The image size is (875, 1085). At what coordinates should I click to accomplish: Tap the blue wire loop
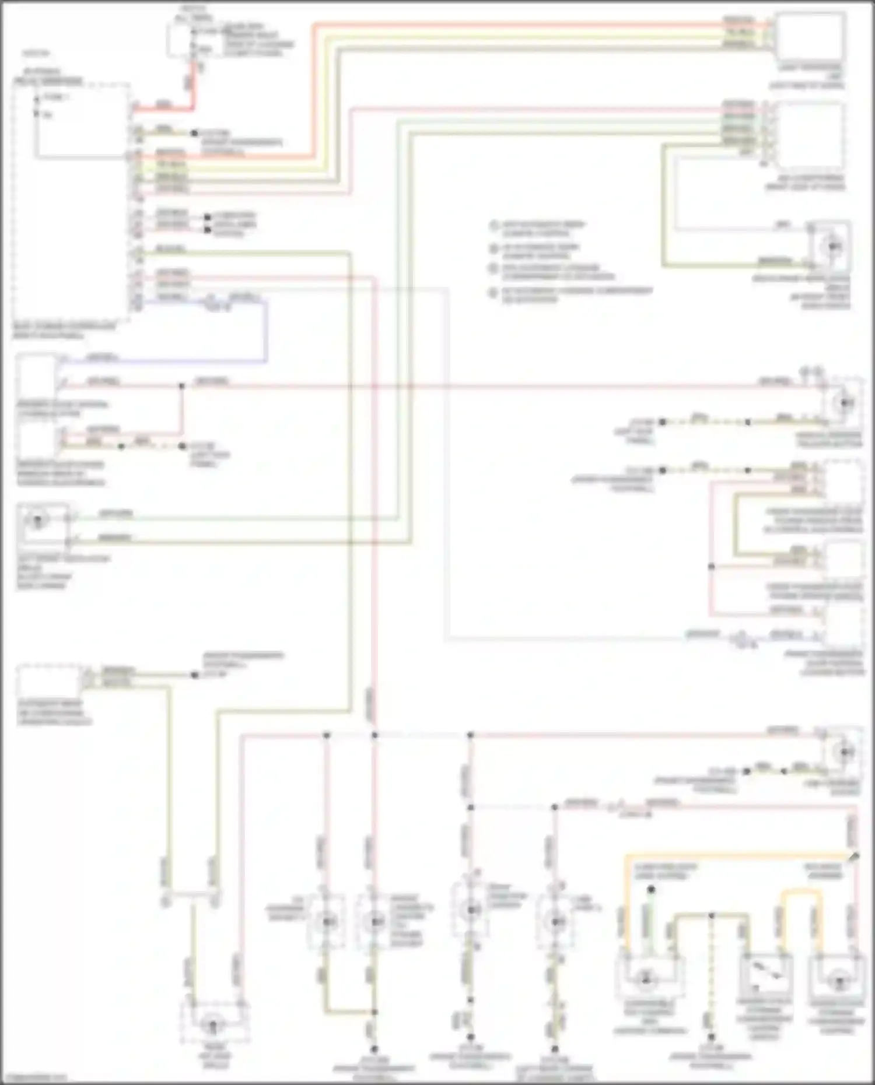[266, 332]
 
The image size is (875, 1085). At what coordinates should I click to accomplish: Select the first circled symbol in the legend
[494, 226]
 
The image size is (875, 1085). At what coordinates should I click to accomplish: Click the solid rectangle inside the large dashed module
[80, 122]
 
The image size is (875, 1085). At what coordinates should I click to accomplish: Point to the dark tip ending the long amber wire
[855, 856]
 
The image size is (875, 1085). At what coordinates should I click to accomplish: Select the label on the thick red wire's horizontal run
[164, 105]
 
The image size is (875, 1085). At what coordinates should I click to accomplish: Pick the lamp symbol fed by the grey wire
[833, 247]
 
